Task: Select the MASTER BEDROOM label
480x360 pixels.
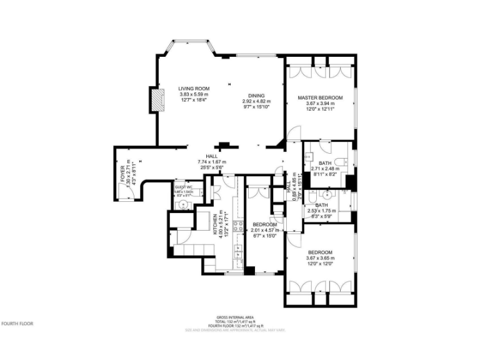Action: (320, 97)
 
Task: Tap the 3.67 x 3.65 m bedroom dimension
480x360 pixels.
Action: (320, 258)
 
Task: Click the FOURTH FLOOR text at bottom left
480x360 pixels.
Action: (17, 324)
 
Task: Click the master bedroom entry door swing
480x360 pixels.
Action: (295, 132)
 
